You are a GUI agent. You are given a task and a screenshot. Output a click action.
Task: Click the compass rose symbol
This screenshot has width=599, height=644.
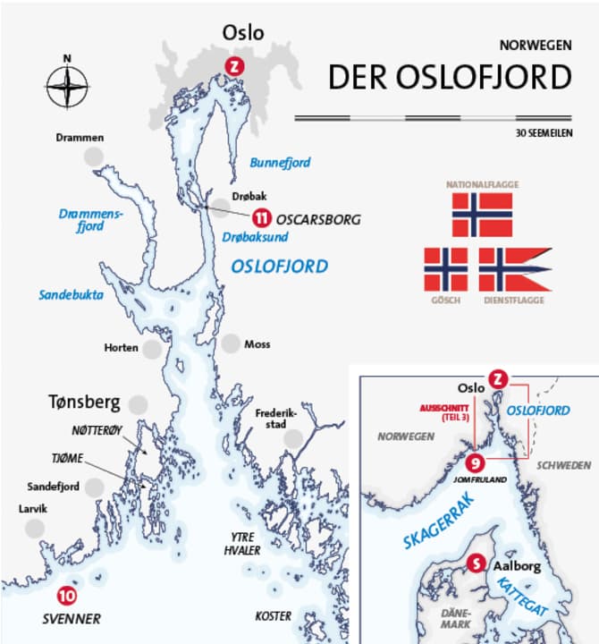pos(67,87)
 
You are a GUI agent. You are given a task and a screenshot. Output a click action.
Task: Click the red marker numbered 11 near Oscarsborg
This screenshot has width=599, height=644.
pos(260,217)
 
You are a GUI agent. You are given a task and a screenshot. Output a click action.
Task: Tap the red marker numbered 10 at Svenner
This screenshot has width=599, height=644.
pos(66,595)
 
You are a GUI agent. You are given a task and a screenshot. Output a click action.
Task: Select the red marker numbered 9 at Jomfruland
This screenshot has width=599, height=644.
pos(476,462)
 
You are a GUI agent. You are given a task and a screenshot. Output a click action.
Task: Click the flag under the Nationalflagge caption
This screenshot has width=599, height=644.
pos(482,215)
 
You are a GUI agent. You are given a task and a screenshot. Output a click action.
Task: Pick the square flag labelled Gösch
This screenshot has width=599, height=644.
pos(445,270)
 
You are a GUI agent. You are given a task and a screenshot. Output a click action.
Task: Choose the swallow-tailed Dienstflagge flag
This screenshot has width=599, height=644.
pos(512,270)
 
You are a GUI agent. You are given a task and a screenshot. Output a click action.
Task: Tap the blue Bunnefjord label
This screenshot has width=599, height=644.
pos(280,163)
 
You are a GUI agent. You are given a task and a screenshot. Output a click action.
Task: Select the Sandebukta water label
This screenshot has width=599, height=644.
pos(71,294)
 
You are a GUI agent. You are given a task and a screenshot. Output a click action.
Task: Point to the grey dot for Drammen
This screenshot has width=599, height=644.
pos(94,157)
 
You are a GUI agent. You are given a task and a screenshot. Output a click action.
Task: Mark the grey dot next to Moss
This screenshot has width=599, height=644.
pos(231,343)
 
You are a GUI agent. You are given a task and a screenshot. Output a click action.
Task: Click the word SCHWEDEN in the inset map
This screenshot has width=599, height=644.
pos(562,465)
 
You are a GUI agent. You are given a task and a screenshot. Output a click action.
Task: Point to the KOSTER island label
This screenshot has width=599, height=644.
pos(273,616)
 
